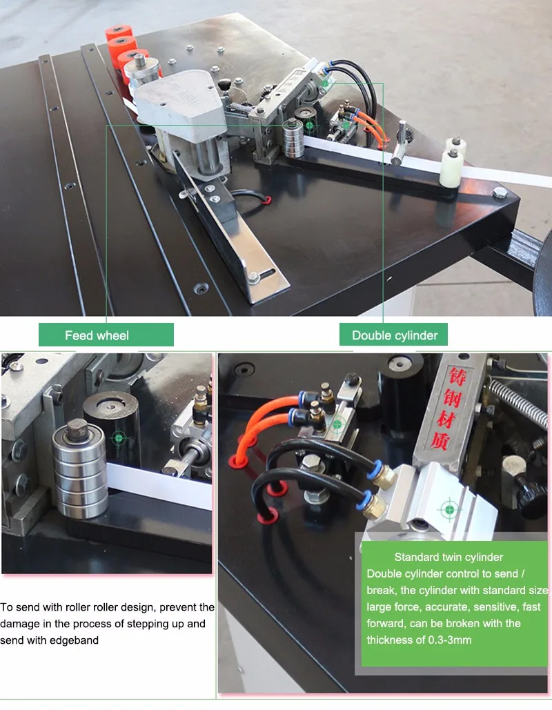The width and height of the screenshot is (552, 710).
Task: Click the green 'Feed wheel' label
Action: pos(106,335)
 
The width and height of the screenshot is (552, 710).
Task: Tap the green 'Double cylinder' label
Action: pos(393,335)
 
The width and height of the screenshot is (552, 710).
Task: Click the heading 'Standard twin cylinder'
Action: pos(448,557)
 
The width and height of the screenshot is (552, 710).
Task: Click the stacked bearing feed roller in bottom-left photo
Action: pos(80,470)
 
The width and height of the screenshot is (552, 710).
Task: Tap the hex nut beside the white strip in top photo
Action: pos(500,193)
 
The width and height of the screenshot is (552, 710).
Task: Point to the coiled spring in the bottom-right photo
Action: pos(517,402)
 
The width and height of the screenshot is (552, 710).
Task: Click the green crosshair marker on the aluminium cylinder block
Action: pos(449,510)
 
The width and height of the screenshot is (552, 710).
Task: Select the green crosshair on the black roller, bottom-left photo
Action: pos(119,438)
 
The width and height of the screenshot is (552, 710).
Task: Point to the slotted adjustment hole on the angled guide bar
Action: pos(264,274)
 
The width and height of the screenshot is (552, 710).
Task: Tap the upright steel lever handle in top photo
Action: pos(400,142)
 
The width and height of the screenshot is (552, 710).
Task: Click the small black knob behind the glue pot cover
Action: pos(225,85)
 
